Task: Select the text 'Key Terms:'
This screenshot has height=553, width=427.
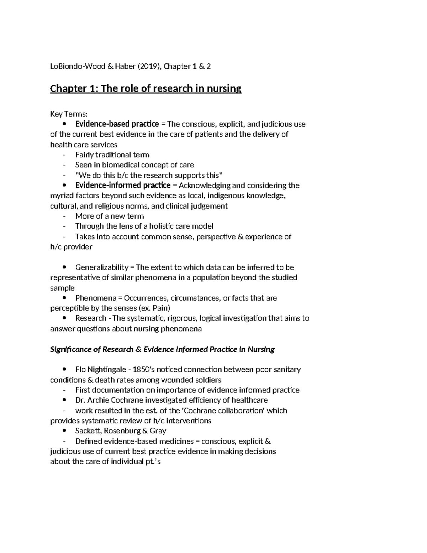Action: click(68, 114)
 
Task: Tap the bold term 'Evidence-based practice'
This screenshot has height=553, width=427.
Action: click(117, 124)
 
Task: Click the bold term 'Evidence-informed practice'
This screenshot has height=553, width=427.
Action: click(122, 186)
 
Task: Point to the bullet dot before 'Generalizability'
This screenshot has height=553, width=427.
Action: click(64, 267)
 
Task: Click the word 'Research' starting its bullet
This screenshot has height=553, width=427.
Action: click(90, 318)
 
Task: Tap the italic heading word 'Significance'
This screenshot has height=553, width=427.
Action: click(70, 349)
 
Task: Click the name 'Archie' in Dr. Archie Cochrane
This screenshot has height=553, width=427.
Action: click(97, 400)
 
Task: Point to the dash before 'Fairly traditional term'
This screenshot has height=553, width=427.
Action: click(64, 155)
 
